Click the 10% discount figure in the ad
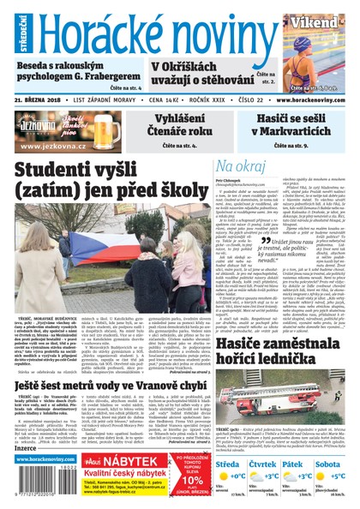[191, 481]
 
